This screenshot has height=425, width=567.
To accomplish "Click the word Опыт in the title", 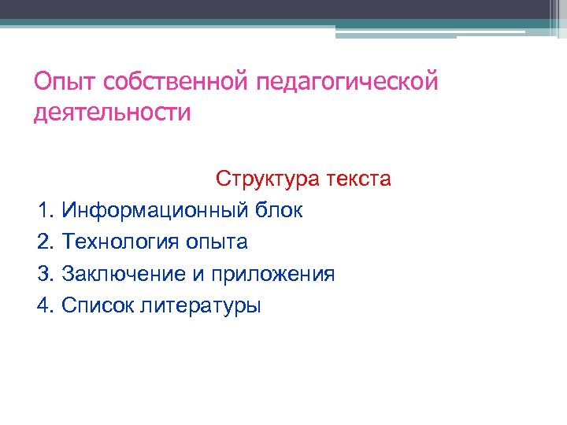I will tap(60, 81).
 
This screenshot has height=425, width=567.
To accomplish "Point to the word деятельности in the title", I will tap(113, 113).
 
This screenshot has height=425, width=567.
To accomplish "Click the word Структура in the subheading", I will tap(266, 179).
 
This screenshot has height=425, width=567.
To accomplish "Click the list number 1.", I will tap(44, 211).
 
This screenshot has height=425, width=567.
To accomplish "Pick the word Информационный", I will tap(157, 211).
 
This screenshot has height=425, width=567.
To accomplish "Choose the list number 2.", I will tap(44, 242).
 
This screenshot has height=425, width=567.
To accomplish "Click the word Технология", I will tap(121, 242).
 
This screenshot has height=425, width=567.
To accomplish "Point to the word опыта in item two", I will tap(217, 243).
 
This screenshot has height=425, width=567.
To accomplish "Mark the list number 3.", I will tap(44, 274).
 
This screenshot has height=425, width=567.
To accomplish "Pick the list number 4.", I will tap(44, 305).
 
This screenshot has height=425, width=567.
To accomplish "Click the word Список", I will tap(98, 305).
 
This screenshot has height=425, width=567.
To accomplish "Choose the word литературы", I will tap(200, 306).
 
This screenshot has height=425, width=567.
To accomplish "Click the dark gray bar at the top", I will tap(283, 9).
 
